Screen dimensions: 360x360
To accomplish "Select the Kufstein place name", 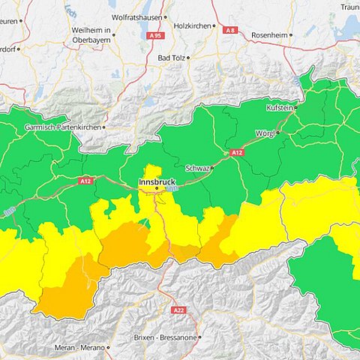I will pyautogui.click(x=280, y=108).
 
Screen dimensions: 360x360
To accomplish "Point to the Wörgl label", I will pyautogui.click(x=265, y=133).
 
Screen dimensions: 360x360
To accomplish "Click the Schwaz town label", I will pyautogui.click(x=197, y=168).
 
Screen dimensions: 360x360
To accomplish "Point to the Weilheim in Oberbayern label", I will pyautogui.click(x=91, y=34).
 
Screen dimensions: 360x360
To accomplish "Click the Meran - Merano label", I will pyautogui.click(x=79, y=348).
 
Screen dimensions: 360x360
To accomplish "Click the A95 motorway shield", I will pyautogui.click(x=155, y=34).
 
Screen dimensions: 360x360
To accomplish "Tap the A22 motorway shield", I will pyautogui.click(x=178, y=310).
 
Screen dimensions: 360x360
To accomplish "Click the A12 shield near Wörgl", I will pyautogui.click(x=237, y=152).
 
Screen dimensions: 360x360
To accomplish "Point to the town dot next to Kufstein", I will pyautogui.click(x=296, y=108).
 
